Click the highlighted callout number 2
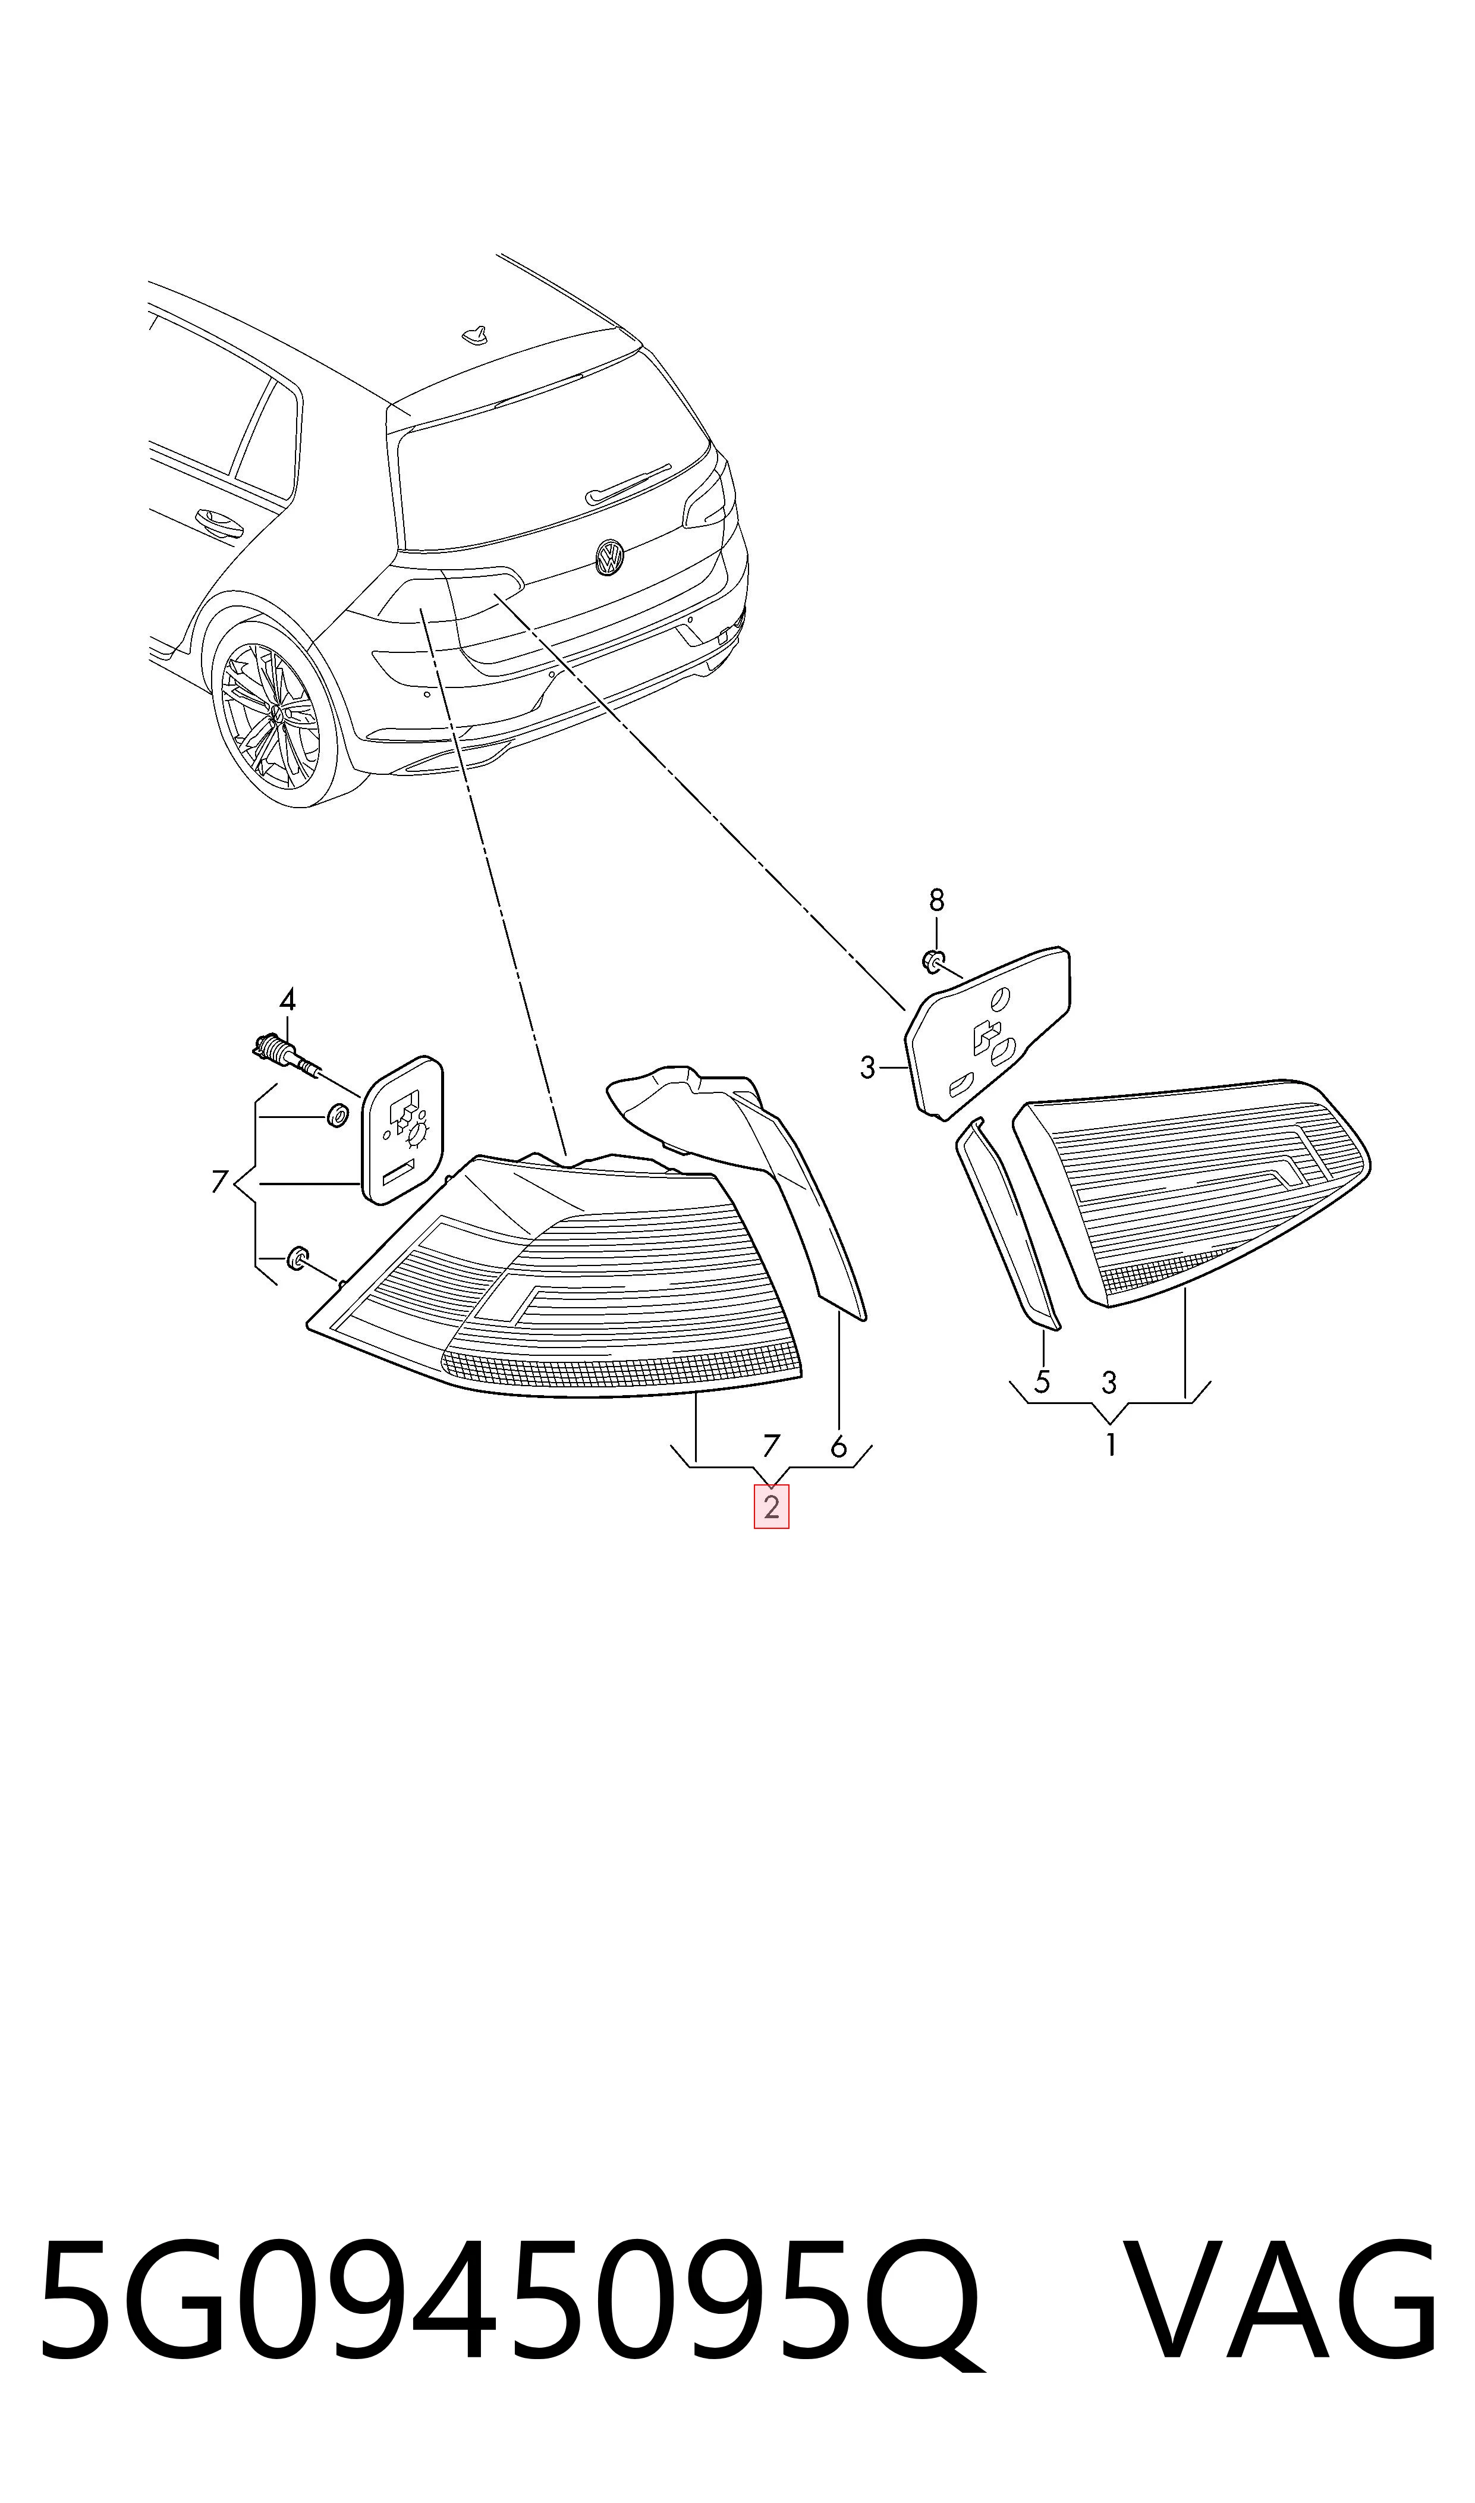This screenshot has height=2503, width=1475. [x=771, y=1506]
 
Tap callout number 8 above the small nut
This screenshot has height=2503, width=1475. [x=936, y=900]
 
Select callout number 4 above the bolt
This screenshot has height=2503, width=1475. [x=287, y=999]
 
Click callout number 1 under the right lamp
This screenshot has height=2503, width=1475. [x=1110, y=1444]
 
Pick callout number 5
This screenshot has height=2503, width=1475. [x=1042, y=1381]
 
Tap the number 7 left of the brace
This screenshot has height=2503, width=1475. [x=219, y=1182]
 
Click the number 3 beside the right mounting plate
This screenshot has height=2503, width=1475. [x=868, y=1069]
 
